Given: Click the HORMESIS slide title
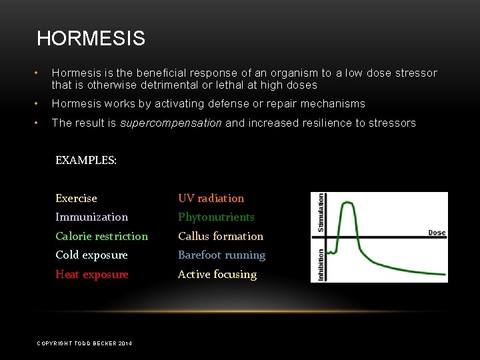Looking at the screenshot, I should (91, 39).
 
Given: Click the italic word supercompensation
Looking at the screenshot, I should (171, 123).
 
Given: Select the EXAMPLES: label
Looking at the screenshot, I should (85, 160).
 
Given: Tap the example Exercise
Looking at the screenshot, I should (76, 198).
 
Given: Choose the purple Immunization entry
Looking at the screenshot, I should (91, 217).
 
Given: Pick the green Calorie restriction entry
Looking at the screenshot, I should (101, 236).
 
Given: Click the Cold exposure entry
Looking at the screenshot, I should (91, 255).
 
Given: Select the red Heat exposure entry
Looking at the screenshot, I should (91, 274).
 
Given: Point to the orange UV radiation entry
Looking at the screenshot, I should (211, 198).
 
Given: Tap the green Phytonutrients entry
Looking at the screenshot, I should (216, 217).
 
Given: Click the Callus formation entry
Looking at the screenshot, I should (220, 236).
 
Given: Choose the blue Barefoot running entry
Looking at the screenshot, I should (221, 255).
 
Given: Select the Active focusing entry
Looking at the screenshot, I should (217, 274).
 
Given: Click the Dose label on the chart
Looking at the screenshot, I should (436, 233).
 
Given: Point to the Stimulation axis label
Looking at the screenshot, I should (321, 213).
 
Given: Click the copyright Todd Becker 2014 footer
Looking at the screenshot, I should (84, 343).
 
